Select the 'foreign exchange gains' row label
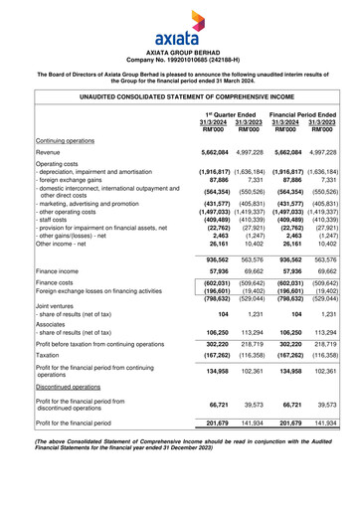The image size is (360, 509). point(51,180)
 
